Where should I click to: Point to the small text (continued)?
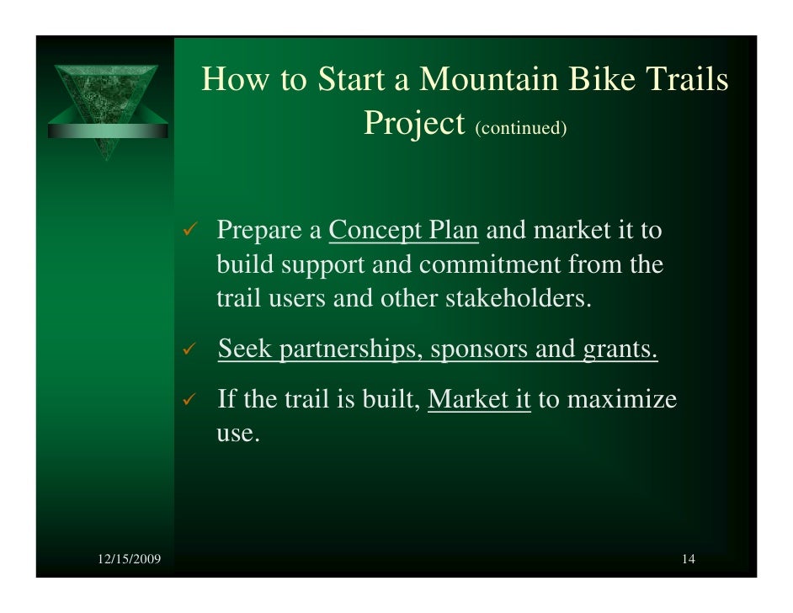(521, 128)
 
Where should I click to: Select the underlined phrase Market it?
(479, 399)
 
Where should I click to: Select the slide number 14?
(689, 560)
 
